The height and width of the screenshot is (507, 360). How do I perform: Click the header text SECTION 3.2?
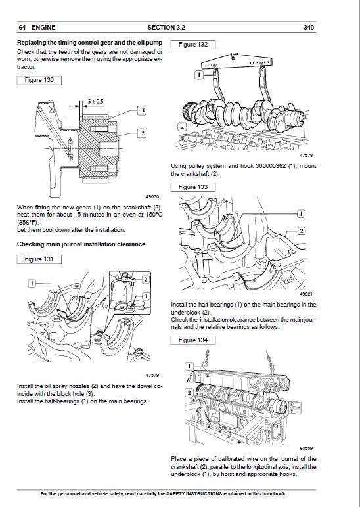(x=166, y=28)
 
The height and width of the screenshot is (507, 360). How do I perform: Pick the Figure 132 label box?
(x=192, y=45)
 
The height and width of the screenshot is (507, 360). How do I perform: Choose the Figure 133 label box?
(x=192, y=187)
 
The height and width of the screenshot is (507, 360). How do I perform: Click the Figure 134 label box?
(x=192, y=340)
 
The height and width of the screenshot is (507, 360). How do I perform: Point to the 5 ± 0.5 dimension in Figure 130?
(x=95, y=102)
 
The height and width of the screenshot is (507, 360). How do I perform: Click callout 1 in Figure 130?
(x=141, y=110)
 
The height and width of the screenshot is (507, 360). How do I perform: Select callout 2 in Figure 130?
(x=141, y=133)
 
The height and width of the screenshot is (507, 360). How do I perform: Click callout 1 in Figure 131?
(x=31, y=282)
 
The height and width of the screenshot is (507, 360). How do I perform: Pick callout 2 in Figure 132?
(x=182, y=125)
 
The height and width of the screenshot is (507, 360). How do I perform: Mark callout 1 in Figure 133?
(x=300, y=215)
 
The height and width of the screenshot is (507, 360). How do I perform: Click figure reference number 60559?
(x=307, y=449)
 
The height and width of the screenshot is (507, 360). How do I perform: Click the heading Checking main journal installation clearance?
(x=81, y=244)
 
